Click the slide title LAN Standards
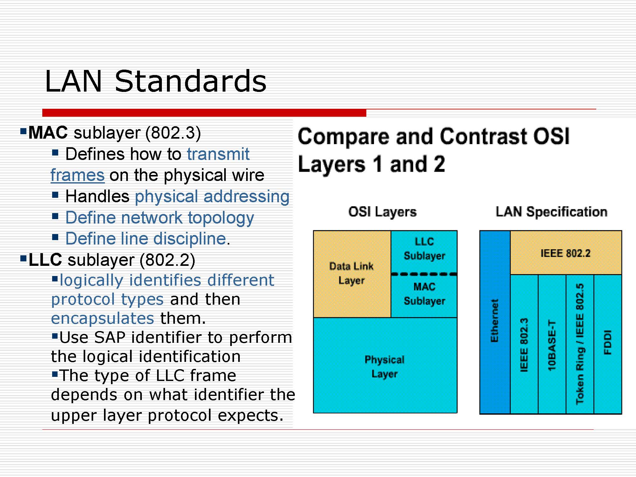click(x=156, y=81)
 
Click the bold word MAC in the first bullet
click(x=48, y=132)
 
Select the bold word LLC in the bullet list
click(x=45, y=259)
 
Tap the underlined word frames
click(x=78, y=175)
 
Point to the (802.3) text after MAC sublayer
click(x=173, y=133)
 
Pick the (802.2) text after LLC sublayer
click(x=167, y=260)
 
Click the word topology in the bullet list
click(x=221, y=218)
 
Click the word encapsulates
click(x=102, y=318)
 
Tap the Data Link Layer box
click(x=352, y=274)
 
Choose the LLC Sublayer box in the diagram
click(x=424, y=252)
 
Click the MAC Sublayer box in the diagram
click(x=424, y=296)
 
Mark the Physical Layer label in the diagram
click(x=384, y=367)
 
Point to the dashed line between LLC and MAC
click(x=424, y=274)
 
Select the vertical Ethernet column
click(x=495, y=322)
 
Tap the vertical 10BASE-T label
click(x=552, y=345)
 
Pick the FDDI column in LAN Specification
click(x=608, y=344)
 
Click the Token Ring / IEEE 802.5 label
click(x=580, y=344)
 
